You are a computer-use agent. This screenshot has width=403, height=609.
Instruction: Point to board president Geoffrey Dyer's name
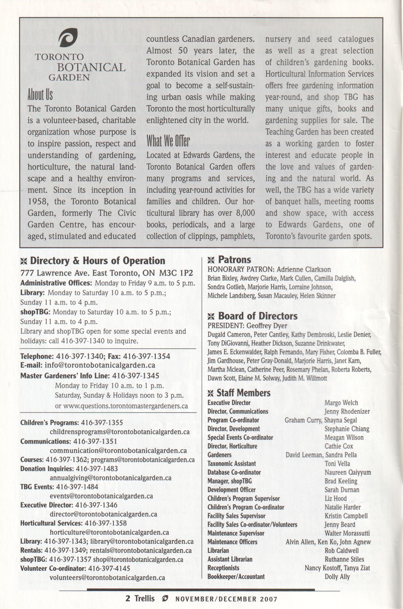click(267, 326)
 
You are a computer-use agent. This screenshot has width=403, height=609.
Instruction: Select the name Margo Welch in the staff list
click(341, 403)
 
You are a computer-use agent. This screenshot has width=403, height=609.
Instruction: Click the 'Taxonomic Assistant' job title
click(232, 464)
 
